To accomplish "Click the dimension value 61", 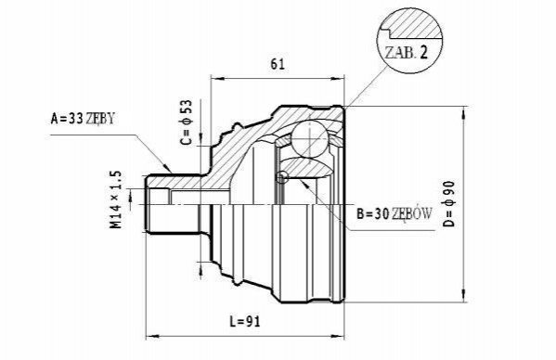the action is point(278,64).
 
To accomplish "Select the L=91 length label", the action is point(245,321).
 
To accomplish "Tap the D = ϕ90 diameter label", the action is point(448,203).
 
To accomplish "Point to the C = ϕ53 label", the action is point(186,122).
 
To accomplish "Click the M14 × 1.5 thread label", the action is point(116,199).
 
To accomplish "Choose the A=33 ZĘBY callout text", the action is point(83,119).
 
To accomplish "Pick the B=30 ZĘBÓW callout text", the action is point(394,213).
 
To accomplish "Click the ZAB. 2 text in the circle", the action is point(407,53).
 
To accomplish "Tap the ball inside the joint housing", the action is point(309,139).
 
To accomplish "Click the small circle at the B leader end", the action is point(282,177).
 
